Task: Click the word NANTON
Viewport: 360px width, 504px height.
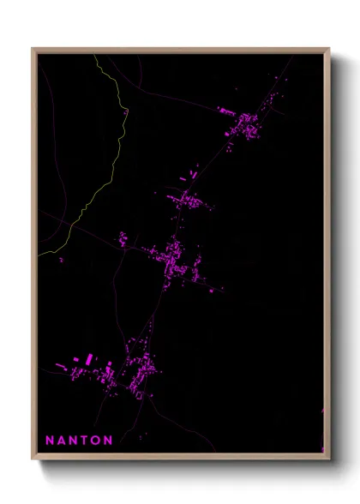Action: [79, 441]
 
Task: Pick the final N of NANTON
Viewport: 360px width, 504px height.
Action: [108, 441]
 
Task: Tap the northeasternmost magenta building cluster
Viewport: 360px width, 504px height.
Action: [249, 124]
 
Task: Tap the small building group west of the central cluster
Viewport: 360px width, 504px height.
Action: [123, 239]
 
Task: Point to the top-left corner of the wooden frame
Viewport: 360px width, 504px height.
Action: [33, 49]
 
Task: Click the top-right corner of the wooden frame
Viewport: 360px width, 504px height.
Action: [329, 49]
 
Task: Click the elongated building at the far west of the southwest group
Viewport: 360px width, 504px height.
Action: [60, 366]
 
